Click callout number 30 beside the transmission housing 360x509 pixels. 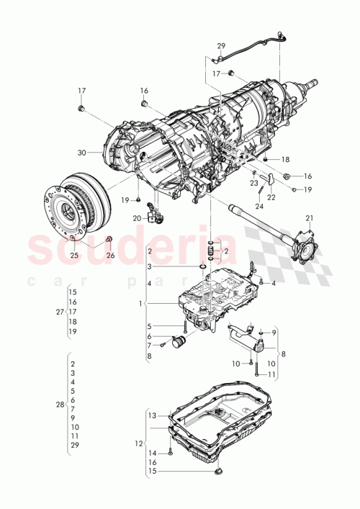[81, 153]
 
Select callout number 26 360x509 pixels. [110, 255]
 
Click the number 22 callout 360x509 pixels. [271, 198]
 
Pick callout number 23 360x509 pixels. [253, 184]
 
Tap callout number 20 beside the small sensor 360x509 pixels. [137, 217]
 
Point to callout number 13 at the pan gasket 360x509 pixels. [152, 415]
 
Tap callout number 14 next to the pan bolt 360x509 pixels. [152, 453]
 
